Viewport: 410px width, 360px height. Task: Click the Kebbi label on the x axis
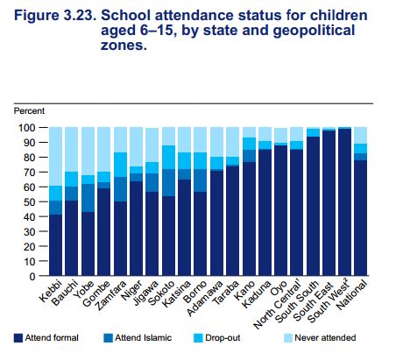click(51, 291)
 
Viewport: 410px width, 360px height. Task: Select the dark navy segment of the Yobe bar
click(88, 244)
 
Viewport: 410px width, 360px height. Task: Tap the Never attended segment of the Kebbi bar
click(55, 157)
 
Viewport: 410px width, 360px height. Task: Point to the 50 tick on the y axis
click(43, 201)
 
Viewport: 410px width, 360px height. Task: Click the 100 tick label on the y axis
click(26, 128)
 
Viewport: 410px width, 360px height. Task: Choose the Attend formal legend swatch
click(18, 338)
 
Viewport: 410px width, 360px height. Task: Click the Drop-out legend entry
click(217, 338)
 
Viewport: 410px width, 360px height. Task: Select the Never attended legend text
click(325, 338)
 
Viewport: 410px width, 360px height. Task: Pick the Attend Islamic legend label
click(143, 338)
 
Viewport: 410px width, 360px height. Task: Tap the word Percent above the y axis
click(29, 111)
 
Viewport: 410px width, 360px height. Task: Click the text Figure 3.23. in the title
click(55, 16)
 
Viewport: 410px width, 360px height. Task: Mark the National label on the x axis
click(351, 295)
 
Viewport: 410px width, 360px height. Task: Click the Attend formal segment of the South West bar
click(344, 202)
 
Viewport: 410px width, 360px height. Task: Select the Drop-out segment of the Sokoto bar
click(168, 158)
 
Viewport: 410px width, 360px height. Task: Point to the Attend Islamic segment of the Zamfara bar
click(120, 189)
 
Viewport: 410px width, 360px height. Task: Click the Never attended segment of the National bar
click(361, 136)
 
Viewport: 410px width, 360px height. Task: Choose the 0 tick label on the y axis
click(32, 277)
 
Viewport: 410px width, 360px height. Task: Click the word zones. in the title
click(124, 46)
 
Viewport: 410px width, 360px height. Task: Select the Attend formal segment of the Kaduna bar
click(265, 213)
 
